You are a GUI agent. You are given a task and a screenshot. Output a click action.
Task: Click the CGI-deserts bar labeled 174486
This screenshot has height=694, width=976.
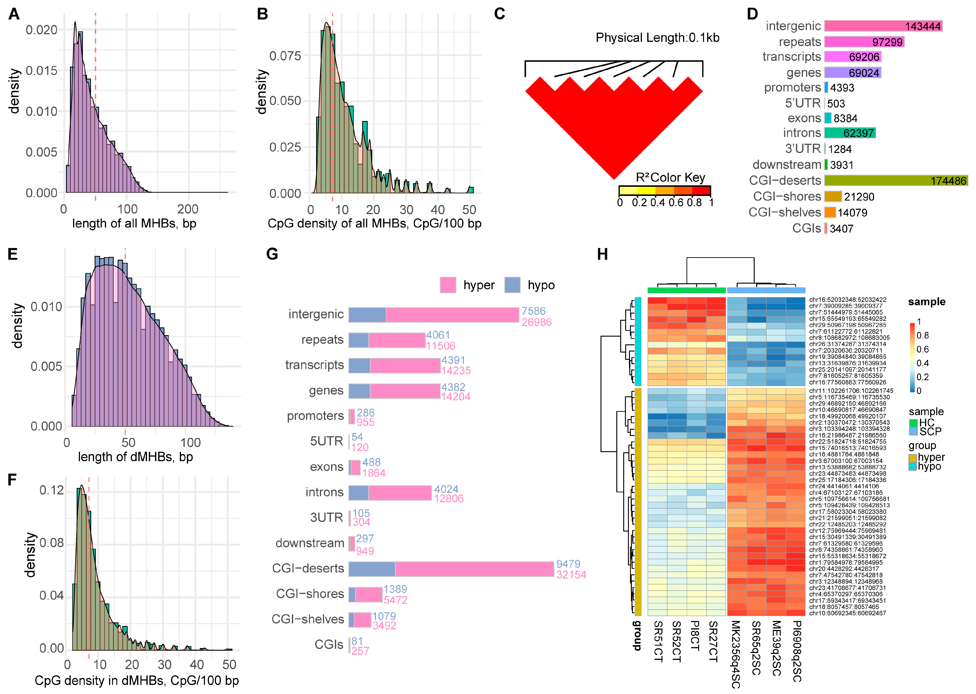(x=896, y=181)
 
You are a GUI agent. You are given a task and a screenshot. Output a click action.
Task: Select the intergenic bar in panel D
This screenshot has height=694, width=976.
(x=883, y=26)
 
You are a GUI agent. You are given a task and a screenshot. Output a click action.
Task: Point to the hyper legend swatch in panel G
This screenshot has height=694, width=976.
(x=448, y=285)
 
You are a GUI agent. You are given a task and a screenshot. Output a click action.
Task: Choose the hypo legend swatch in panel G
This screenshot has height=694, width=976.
(x=512, y=285)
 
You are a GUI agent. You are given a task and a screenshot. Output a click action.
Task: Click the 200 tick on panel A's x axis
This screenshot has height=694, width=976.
(x=188, y=209)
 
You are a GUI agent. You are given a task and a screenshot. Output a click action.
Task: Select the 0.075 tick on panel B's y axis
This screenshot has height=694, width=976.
(x=285, y=56)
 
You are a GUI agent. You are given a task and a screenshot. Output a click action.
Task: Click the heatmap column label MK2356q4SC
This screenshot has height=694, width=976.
(x=735, y=654)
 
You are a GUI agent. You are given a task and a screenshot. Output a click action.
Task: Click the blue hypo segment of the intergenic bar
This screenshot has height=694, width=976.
(x=367, y=315)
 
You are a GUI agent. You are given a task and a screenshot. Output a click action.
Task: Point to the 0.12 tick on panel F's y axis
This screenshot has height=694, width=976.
(x=51, y=490)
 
